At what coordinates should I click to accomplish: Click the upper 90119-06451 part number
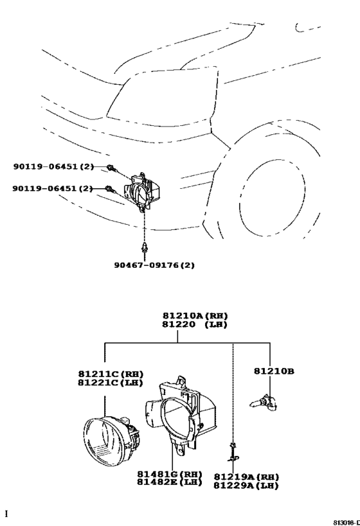[54, 166]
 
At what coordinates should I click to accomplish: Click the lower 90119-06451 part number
[53, 189]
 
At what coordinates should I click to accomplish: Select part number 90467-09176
[154, 265]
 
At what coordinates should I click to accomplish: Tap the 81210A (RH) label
[195, 316]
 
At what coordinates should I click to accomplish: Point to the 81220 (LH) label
[195, 324]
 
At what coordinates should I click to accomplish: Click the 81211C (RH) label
[111, 374]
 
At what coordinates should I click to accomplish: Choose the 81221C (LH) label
[111, 382]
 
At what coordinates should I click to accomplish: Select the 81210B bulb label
[274, 371]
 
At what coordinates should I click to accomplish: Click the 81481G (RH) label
[170, 475]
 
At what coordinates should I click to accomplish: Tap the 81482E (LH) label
[170, 482]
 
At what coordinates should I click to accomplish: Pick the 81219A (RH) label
[246, 477]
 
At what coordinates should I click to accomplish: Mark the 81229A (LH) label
[246, 486]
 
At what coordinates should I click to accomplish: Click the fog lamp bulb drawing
[264, 403]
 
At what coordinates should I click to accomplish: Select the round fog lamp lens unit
[111, 439]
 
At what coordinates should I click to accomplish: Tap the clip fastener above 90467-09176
[145, 249]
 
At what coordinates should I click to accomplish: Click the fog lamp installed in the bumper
[142, 193]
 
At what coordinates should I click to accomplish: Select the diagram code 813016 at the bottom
[346, 522]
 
